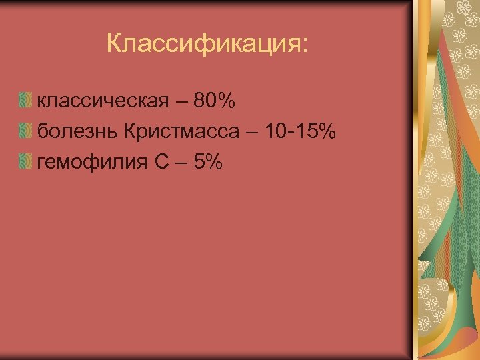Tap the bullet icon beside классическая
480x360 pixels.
coord(25,102)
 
